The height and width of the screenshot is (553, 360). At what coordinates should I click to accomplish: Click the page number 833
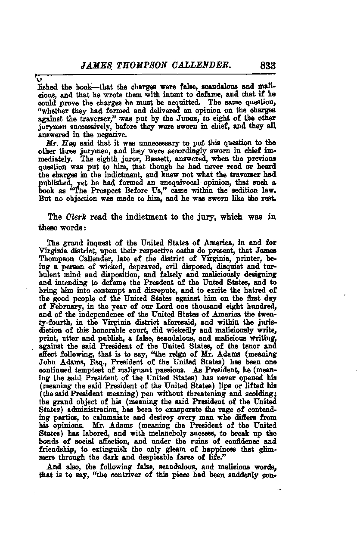tap(267, 65)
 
